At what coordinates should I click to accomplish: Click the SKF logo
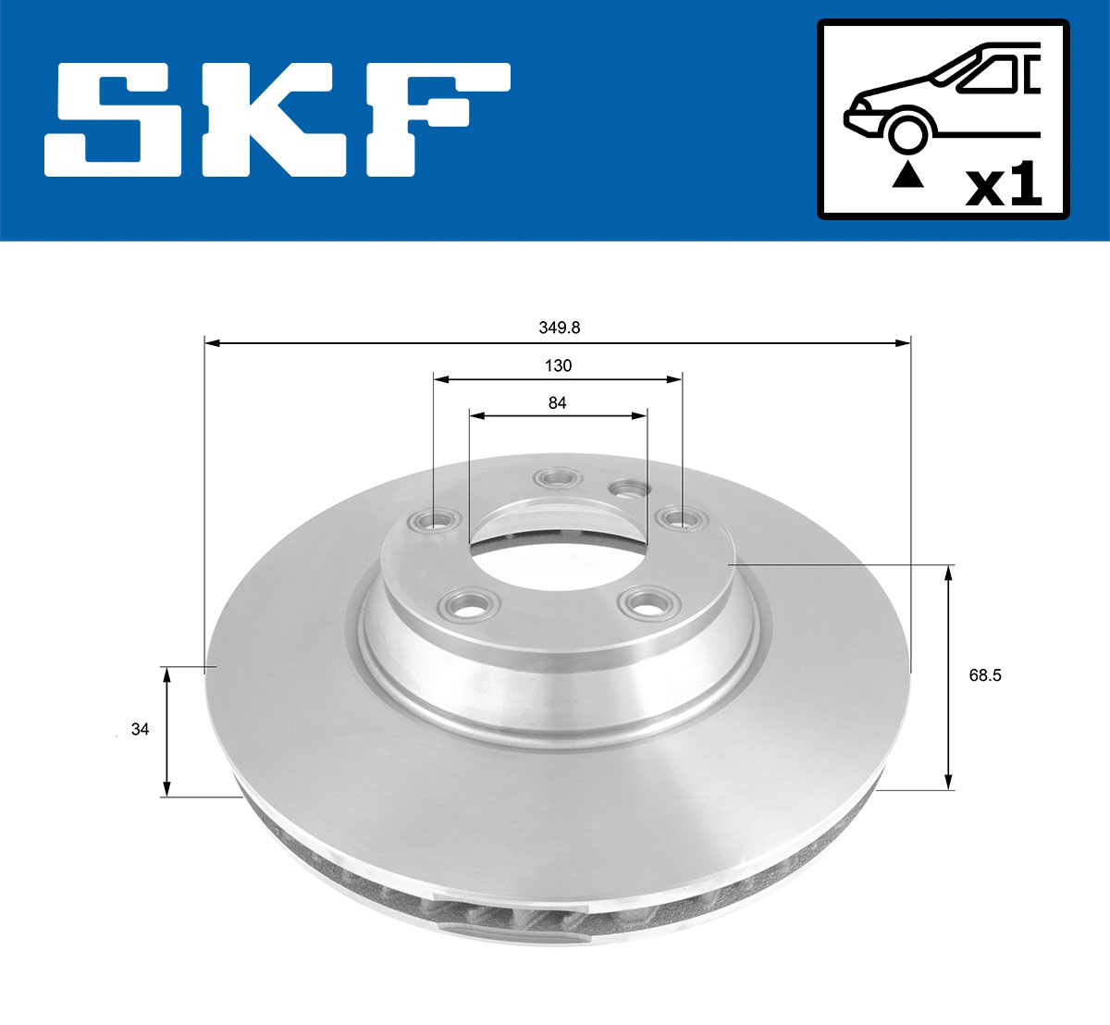pyautogui.click(x=277, y=119)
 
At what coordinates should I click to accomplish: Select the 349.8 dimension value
pyautogui.click(x=559, y=327)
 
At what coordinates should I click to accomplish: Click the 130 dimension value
pyautogui.click(x=558, y=365)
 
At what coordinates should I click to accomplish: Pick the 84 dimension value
pyautogui.click(x=557, y=402)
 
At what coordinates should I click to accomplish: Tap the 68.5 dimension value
pyautogui.click(x=984, y=675)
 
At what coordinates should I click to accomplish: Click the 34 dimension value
pyautogui.click(x=140, y=730)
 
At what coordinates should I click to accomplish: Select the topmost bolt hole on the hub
pyautogui.click(x=557, y=478)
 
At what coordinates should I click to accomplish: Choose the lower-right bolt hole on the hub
pyautogui.click(x=645, y=606)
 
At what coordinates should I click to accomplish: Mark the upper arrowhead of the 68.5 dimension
pyautogui.click(x=948, y=574)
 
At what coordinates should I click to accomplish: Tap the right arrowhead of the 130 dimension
pyautogui.click(x=675, y=379)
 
